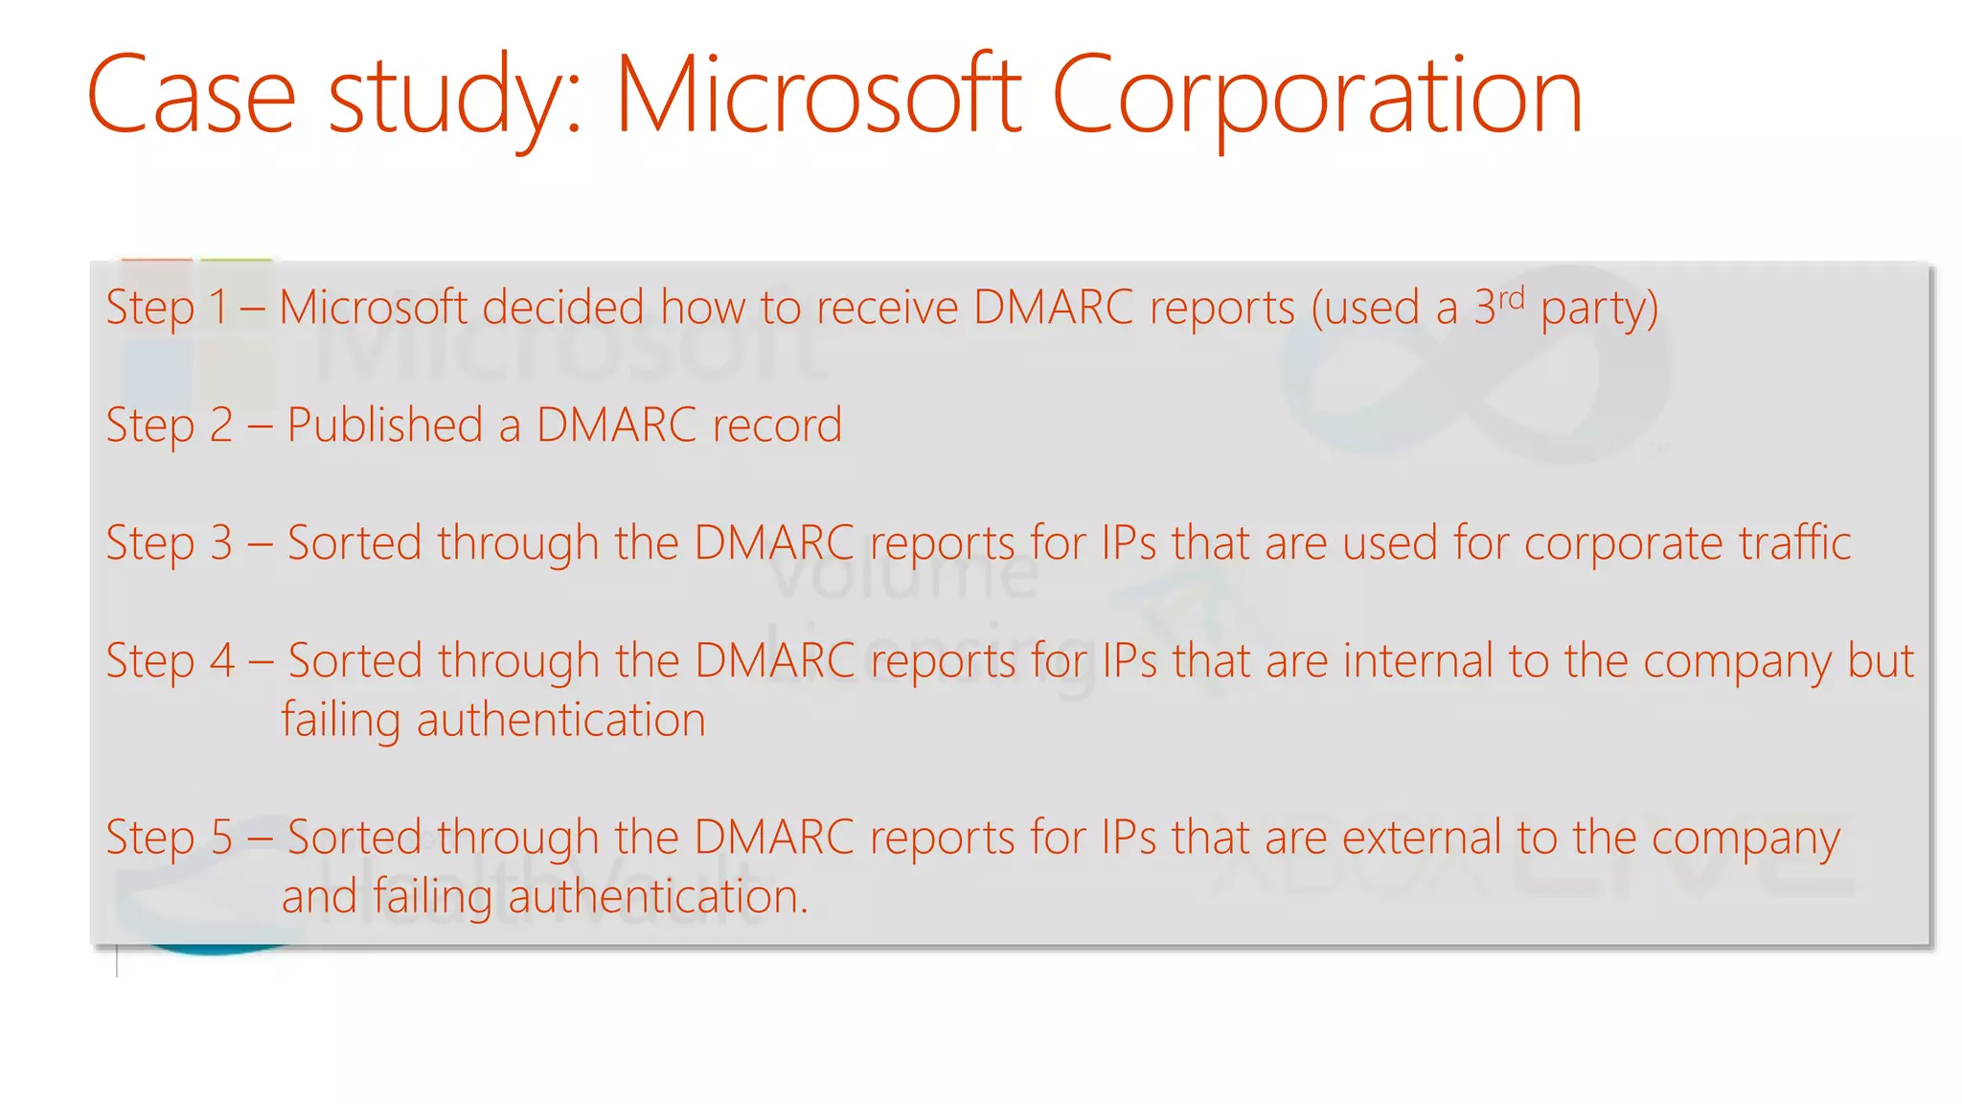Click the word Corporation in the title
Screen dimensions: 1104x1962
(1316, 96)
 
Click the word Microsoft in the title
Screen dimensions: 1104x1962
(818, 96)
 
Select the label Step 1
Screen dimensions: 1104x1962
(166, 309)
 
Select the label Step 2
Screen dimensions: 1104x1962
(169, 426)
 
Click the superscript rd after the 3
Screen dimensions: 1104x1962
(1511, 298)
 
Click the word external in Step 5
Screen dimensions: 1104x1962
(1422, 838)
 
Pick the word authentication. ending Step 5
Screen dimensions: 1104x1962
(658, 897)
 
